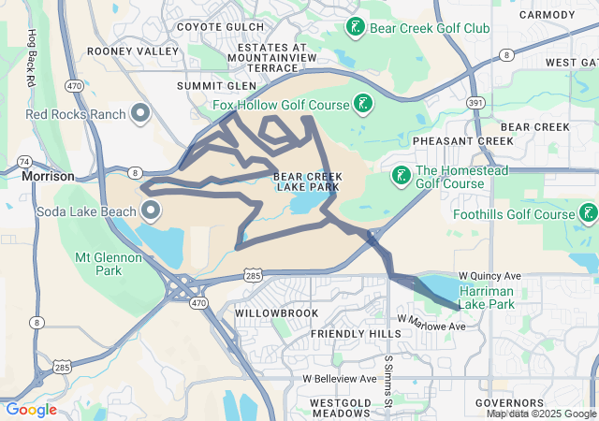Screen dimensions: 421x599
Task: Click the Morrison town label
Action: point(49,176)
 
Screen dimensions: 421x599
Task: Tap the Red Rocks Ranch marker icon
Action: point(141,114)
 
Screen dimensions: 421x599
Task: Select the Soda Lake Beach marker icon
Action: point(150,209)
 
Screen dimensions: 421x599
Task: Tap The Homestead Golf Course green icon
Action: point(401,176)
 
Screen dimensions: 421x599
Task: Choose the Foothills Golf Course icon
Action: point(588,214)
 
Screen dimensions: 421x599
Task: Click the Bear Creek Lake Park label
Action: point(306,181)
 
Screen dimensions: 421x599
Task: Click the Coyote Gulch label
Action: point(220,27)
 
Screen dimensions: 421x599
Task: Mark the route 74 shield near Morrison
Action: point(23,161)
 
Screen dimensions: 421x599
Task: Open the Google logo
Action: point(31,410)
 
